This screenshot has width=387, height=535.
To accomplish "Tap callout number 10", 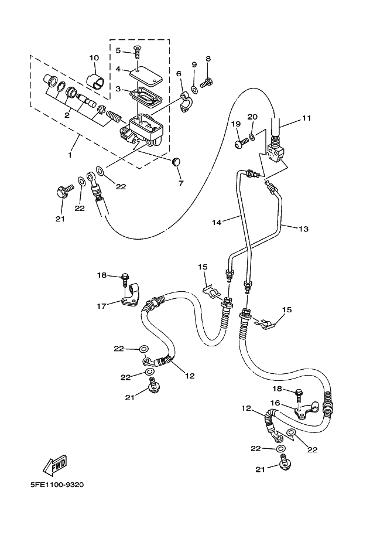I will pyautogui.click(x=94, y=58).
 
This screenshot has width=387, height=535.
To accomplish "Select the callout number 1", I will pyautogui.click(x=70, y=155).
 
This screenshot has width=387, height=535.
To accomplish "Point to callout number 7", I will pyautogui.click(x=181, y=183).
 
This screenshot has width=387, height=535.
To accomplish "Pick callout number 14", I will pyautogui.click(x=217, y=222).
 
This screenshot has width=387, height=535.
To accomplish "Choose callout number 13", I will pyautogui.click(x=304, y=229).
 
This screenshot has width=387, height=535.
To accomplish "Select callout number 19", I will pyautogui.click(x=236, y=124).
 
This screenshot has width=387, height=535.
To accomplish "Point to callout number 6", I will pyautogui.click(x=179, y=73).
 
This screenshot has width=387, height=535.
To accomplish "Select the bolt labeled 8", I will pyautogui.click(x=207, y=83).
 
